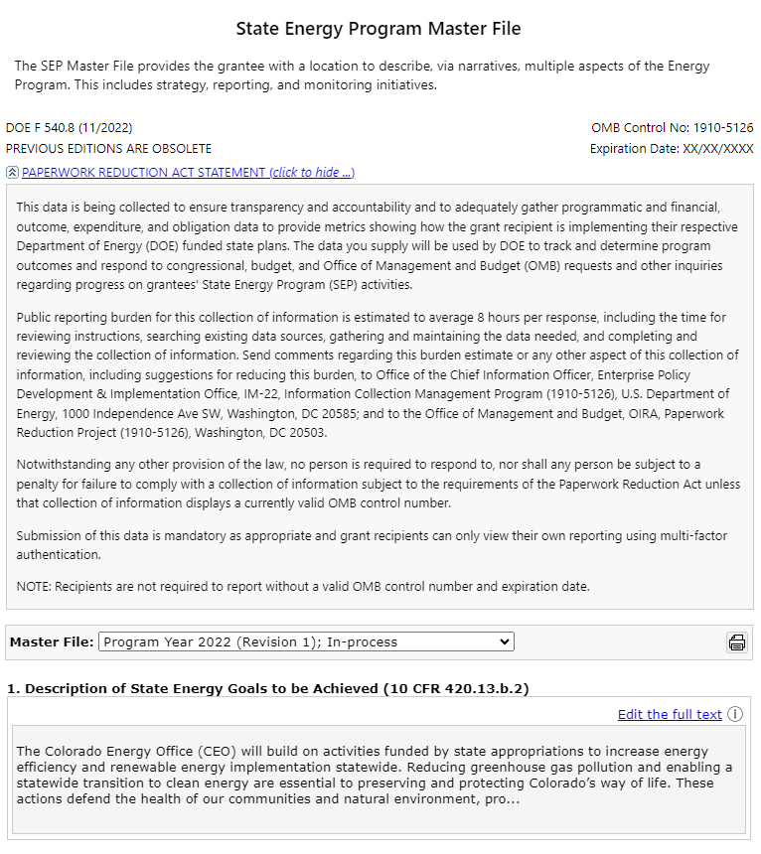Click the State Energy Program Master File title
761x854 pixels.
point(379,29)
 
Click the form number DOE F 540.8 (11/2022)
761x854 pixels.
point(69,128)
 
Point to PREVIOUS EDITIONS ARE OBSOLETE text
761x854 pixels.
point(108,149)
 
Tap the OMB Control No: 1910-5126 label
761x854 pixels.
point(672,128)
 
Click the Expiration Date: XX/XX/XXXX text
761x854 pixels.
point(672,149)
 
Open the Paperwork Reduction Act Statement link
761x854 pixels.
point(188,173)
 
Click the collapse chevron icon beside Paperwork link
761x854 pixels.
point(12,173)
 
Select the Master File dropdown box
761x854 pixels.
point(298,642)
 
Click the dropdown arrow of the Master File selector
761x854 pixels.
point(505,642)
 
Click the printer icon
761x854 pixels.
point(737,642)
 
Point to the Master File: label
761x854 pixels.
point(52,642)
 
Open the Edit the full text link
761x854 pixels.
point(670,714)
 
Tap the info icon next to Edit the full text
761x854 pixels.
point(735,714)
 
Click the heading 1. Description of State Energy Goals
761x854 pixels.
point(194,688)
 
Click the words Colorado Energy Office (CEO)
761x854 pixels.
point(125,751)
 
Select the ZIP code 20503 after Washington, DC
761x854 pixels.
point(306,433)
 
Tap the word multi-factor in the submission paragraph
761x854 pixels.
point(690,536)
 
